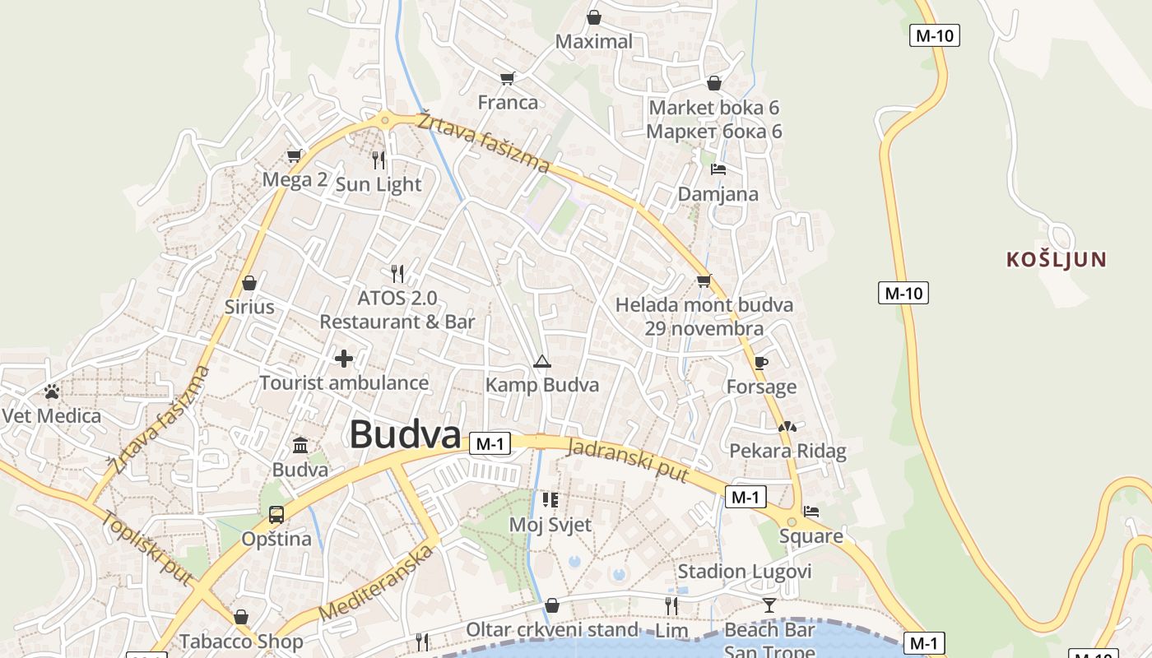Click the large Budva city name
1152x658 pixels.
pyautogui.click(x=405, y=435)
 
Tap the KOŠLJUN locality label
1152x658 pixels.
pyautogui.click(x=1057, y=261)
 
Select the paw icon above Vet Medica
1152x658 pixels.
pyautogui.click(x=52, y=392)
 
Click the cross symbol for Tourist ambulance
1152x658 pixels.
pyautogui.click(x=344, y=359)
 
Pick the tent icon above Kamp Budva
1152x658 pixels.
pyautogui.click(x=541, y=361)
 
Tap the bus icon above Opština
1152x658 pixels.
pyautogui.click(x=276, y=515)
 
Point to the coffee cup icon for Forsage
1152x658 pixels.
pyautogui.click(x=761, y=363)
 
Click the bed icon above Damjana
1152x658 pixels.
pyautogui.click(x=718, y=170)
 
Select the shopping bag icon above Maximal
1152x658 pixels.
pyautogui.click(x=594, y=17)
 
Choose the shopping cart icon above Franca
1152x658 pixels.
pyautogui.click(x=508, y=78)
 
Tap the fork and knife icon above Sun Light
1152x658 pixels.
pyautogui.click(x=379, y=160)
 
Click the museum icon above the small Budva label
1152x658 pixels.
pyautogui.click(x=300, y=446)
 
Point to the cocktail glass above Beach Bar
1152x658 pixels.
pyautogui.click(x=769, y=605)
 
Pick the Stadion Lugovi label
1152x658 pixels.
pyautogui.click(x=745, y=572)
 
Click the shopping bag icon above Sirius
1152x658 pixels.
pyautogui.click(x=249, y=284)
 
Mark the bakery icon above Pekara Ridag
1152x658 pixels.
pyautogui.click(x=787, y=427)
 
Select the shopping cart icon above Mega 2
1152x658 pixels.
pyautogui.click(x=295, y=155)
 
